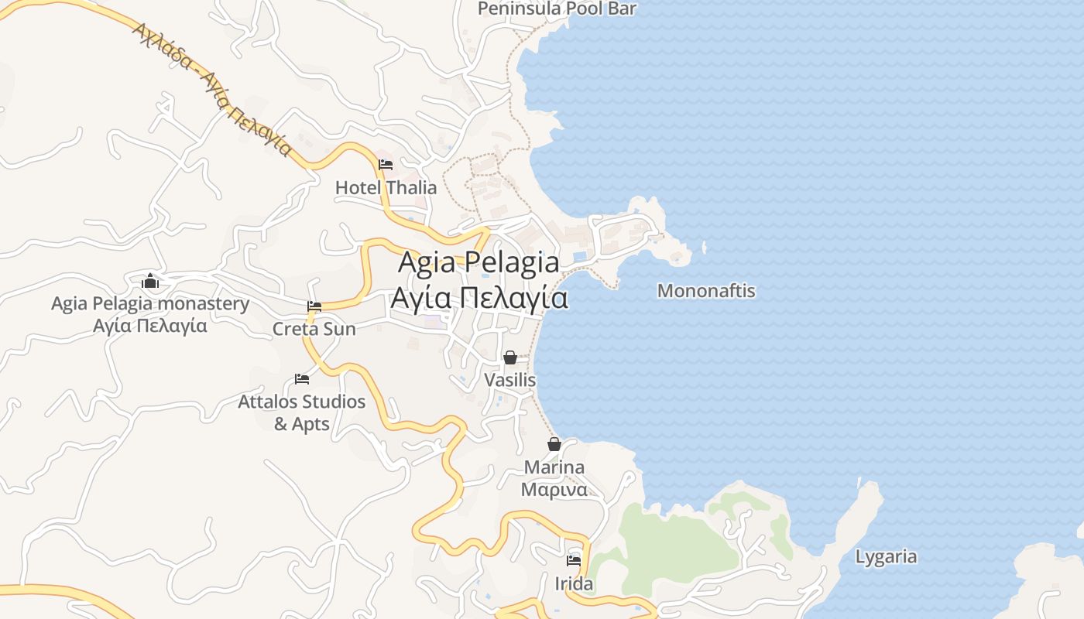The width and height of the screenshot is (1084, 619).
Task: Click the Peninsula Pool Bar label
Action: point(557,9)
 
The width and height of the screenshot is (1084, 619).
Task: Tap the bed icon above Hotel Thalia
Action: point(386,165)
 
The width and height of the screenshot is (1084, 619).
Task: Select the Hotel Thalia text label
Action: point(386,187)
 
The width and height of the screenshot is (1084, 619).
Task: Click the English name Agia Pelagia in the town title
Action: point(479,262)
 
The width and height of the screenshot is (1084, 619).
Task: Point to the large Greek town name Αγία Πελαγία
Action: point(479,298)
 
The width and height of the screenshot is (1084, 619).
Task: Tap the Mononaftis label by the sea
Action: point(706,291)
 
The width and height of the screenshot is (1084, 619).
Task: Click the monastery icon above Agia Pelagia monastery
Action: point(150,281)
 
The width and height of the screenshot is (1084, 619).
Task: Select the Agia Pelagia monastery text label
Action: point(150,303)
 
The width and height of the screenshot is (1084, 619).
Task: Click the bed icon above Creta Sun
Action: point(314,307)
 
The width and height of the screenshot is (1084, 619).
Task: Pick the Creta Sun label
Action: point(314,329)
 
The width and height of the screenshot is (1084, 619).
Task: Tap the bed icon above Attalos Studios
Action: point(302,379)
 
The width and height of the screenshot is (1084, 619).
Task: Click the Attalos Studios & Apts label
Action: point(302,412)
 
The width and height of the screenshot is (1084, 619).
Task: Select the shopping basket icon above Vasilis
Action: point(509,357)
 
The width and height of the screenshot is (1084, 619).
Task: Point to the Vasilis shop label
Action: point(509,381)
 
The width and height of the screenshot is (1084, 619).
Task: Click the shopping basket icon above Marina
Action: point(554,444)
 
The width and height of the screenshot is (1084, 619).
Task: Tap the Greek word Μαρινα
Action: point(554,490)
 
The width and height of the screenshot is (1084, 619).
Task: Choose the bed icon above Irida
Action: point(574,560)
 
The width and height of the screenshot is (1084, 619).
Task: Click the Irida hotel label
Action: point(574,583)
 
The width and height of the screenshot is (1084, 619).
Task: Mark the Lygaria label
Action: point(886,556)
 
